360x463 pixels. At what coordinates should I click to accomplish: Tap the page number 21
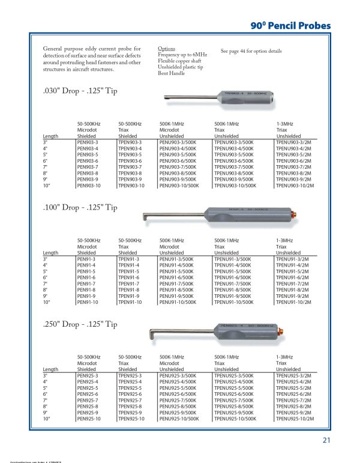pyautogui.click(x=327, y=440)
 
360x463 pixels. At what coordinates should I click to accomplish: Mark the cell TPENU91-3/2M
pyautogui.click(x=292, y=259)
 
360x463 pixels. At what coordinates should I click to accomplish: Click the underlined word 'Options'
pyautogui.click(x=166, y=48)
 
